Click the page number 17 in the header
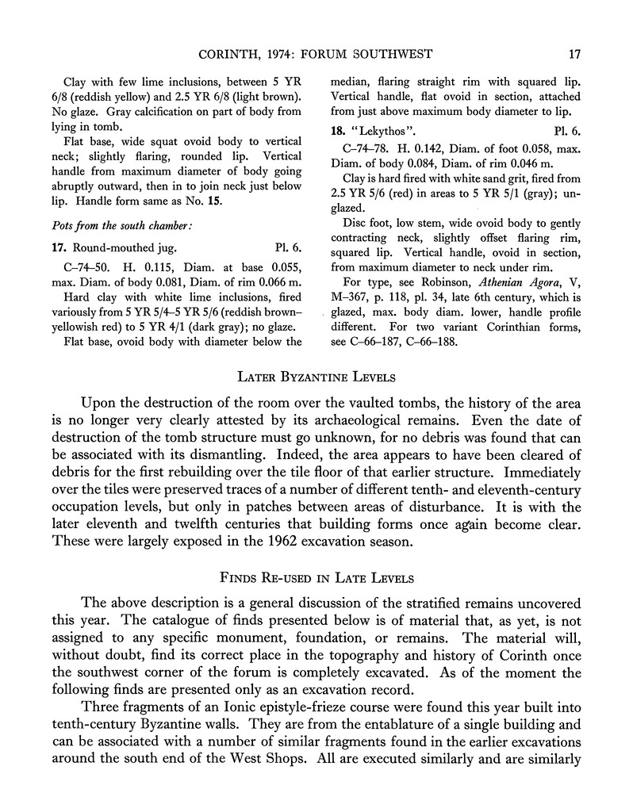[x=575, y=54]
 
